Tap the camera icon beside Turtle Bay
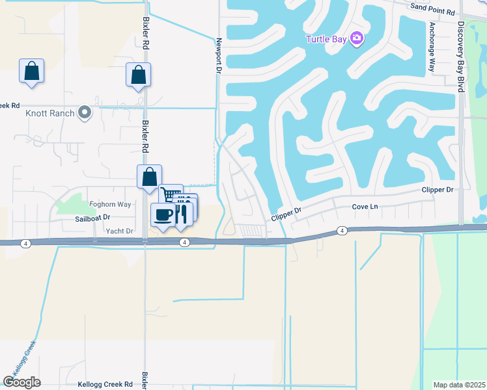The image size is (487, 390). tap(356, 38)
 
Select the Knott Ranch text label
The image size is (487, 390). tap(49, 113)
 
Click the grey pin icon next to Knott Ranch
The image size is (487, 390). tap(84, 113)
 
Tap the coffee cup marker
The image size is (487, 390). tap(162, 214)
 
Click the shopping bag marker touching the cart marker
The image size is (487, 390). tap(149, 175)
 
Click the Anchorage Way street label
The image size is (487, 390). tap(431, 47)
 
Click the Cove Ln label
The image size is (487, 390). tap(365, 206)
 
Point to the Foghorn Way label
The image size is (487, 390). tap(110, 204)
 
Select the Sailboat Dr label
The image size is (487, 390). tap(92, 218)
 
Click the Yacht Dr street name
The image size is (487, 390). tap(119, 231)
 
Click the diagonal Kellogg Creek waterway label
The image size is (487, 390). tap(21, 361)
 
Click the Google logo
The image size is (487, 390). tap(21, 382)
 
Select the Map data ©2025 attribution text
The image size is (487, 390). tap(459, 385)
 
